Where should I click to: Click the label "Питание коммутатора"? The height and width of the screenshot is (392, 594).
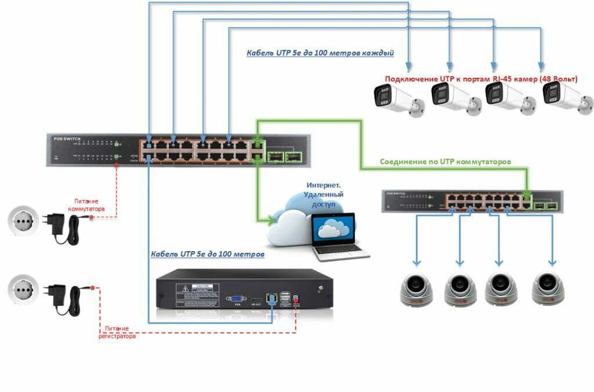tap(86, 205)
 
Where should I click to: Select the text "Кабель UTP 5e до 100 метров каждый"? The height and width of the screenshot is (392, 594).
tap(320, 53)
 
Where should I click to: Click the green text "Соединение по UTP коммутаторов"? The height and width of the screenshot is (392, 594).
tap(445, 162)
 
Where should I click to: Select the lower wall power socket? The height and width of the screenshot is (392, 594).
tap(23, 288)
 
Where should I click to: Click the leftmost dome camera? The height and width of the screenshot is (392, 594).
tap(416, 288)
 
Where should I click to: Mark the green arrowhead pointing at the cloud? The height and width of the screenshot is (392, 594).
tap(270, 220)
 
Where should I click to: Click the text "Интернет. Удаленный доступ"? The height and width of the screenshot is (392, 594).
tap(324, 195)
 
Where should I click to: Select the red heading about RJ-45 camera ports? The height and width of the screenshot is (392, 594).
tap(481, 79)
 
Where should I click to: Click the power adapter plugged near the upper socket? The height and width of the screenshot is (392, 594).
tap(59, 224)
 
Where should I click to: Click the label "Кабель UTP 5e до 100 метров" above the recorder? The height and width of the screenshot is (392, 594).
tap(207, 254)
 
